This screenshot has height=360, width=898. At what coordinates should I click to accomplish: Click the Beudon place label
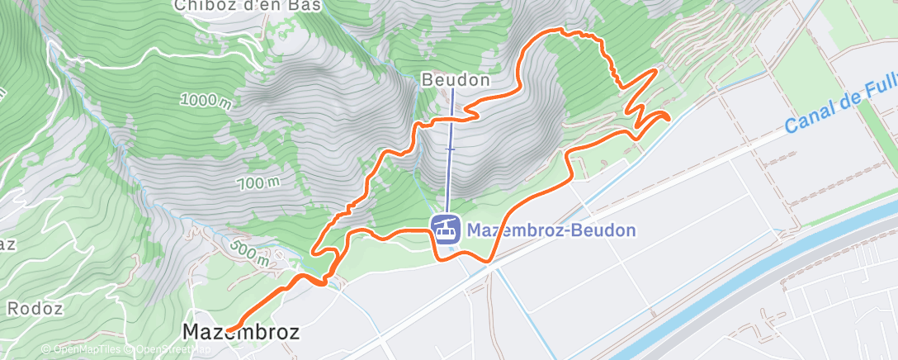click(456, 81)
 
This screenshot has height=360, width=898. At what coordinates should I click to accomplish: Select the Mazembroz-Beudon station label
click(551, 230)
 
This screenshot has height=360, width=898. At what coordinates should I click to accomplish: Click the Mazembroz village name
click(239, 332)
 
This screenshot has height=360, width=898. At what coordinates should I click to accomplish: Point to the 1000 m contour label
click(204, 101)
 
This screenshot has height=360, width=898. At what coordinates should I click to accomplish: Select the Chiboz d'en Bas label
click(248, 6)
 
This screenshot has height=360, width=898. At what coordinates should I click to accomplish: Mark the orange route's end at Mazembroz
click(228, 330)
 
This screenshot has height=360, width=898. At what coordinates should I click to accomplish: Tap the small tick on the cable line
click(451, 149)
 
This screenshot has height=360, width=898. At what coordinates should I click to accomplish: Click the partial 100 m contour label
click(260, 182)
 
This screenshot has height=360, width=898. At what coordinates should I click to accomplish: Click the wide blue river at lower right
click(743, 281)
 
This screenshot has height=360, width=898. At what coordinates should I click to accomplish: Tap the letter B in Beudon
click(428, 81)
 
